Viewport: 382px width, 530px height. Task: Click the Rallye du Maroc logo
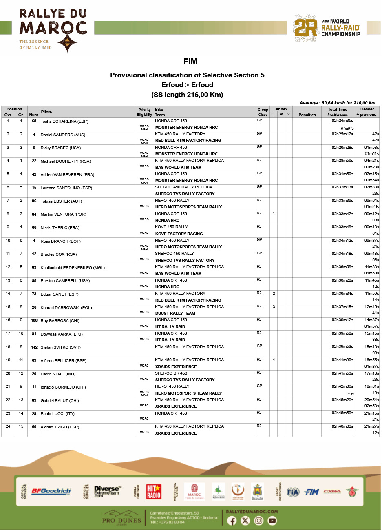(53, 31)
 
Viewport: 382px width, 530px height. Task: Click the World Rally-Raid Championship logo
(327, 28)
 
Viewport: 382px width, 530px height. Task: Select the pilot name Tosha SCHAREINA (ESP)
(64, 121)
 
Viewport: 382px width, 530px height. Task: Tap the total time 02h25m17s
(342, 134)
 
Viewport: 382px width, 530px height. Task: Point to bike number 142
(34, 347)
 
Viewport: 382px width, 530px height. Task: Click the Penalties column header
(307, 115)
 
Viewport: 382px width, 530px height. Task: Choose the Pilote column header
(46, 112)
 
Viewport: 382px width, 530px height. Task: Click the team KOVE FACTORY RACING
(179, 234)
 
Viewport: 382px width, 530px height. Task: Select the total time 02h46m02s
(342, 426)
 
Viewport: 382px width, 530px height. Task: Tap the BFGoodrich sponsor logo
(51, 491)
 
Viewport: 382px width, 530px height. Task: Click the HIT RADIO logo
(154, 491)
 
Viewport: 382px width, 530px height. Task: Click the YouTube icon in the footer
(272, 521)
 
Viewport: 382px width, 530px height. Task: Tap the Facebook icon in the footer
(232, 521)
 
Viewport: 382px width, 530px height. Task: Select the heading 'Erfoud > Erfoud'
(187, 85)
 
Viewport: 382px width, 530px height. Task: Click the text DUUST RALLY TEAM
(175, 314)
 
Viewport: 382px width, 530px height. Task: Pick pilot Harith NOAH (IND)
(58, 374)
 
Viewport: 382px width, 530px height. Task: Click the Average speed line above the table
(337, 103)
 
